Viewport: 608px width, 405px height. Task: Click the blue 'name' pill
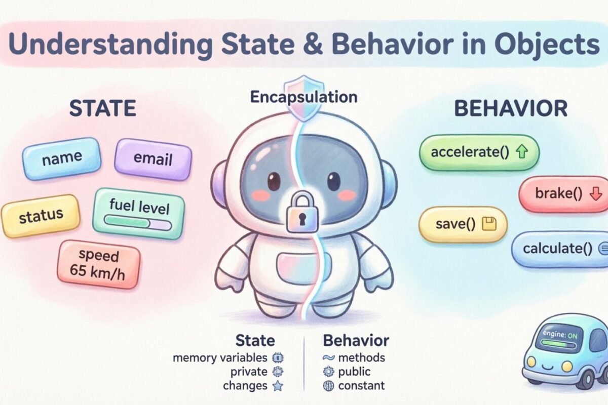[62, 159]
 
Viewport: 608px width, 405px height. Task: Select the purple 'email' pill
[153, 159]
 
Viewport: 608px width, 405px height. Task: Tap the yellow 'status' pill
[41, 216]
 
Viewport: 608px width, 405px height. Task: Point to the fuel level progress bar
[137, 222]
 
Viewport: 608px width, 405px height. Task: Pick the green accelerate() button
[479, 152]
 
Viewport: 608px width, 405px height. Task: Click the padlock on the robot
[302, 213]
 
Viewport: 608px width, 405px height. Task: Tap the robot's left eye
[274, 180]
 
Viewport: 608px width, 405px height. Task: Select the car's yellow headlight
[531, 361]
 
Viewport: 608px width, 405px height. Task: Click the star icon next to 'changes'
[277, 386]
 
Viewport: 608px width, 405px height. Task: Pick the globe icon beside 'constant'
[328, 386]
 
